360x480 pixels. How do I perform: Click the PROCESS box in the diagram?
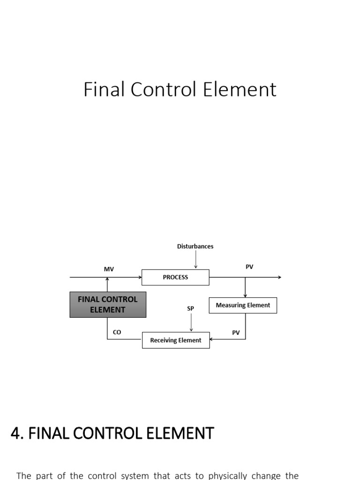175,277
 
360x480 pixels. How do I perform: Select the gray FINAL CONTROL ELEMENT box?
108,305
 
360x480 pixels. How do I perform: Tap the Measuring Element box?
243,305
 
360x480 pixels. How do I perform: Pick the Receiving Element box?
176,340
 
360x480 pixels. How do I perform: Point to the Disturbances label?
195,246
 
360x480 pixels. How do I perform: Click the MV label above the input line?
109,269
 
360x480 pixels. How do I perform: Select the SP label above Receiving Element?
191,308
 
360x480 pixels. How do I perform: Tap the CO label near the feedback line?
117,332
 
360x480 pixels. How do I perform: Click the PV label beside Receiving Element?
236,333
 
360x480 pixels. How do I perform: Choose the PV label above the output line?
249,267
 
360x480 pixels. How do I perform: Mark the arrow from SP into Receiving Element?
191,322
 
